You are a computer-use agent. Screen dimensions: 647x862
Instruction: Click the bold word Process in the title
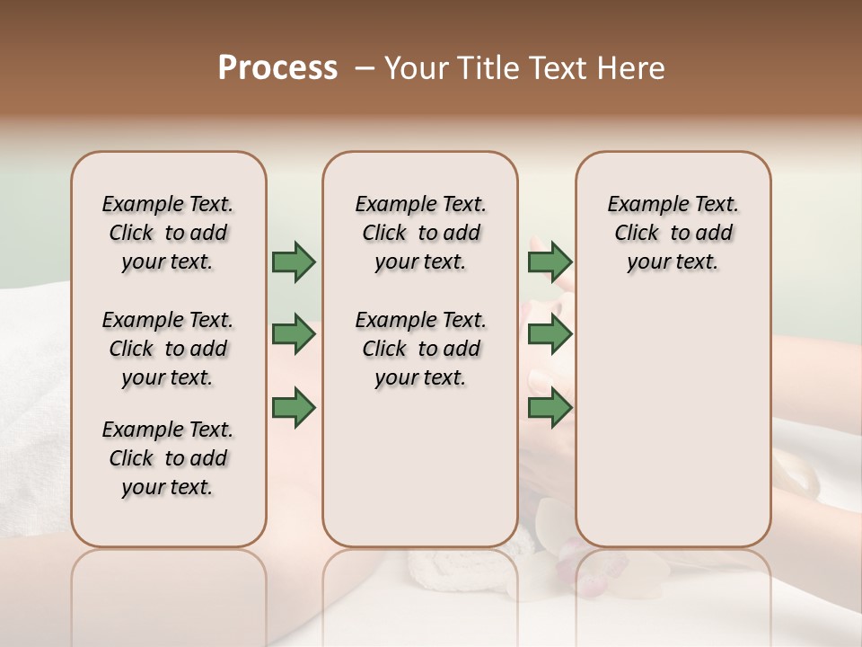tap(277, 68)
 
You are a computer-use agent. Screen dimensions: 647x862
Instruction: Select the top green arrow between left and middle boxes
tap(294, 261)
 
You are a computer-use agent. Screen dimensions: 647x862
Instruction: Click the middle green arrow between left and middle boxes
tap(294, 334)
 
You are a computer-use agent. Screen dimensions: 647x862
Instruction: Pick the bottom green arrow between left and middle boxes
tap(294, 407)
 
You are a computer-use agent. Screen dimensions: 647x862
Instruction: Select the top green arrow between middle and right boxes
tap(550, 261)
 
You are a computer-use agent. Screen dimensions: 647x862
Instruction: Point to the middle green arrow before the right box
tap(550, 334)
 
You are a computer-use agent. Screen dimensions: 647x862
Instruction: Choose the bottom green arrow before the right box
tap(550, 407)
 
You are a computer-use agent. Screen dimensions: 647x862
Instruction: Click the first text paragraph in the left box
tap(168, 233)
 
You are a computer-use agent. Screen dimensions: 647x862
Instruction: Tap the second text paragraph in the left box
tap(168, 349)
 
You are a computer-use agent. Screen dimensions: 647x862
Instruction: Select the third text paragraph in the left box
tap(168, 458)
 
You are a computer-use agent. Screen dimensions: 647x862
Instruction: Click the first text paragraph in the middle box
tap(420, 233)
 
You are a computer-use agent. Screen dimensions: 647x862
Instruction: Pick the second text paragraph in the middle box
tap(420, 349)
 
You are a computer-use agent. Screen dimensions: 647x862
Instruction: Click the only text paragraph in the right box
tap(673, 233)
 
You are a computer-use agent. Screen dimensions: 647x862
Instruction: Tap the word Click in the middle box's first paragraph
tap(384, 233)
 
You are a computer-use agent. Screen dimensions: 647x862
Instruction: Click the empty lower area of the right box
tap(673, 422)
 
